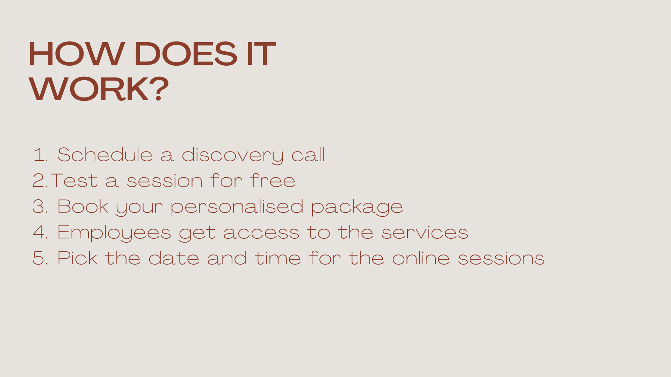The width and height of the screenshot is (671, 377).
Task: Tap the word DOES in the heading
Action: coord(186,54)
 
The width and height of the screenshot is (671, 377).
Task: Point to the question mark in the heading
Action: coord(160,89)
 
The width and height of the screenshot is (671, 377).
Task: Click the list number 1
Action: coord(40,155)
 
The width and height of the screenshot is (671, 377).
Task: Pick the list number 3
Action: coord(40,206)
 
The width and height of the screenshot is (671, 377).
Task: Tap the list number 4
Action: coord(40,232)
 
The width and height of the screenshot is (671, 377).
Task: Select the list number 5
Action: coord(40,258)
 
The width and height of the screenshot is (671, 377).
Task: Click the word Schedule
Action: coord(105,155)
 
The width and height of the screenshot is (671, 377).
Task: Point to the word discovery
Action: coord(232,155)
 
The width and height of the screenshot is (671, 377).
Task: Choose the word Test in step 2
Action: coord(74,180)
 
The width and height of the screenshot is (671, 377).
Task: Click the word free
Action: coord(273,180)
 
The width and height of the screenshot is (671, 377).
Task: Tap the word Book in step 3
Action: coord(83,206)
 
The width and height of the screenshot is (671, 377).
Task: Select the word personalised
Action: coord(237,207)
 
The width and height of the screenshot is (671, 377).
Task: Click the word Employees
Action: coord(114,233)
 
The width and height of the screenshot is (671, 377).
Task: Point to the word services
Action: coord(425,232)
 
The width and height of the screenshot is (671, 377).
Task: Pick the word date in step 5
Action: coord(174,258)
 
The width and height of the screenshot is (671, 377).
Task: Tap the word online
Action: coord(421,258)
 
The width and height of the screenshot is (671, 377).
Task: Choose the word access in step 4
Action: coord(261,233)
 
